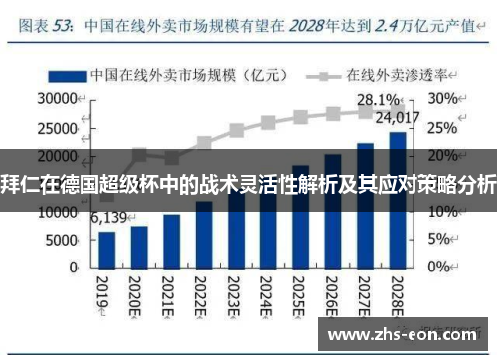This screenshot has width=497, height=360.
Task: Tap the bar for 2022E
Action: (x=204, y=234)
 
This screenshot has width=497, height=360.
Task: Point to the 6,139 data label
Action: (x=109, y=217)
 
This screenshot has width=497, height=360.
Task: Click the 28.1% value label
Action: (x=380, y=100)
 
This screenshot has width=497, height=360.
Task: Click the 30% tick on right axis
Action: (x=444, y=100)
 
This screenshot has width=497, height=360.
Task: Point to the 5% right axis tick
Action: (x=441, y=240)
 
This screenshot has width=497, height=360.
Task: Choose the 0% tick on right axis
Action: (x=441, y=268)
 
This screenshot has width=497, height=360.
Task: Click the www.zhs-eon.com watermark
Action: (x=402, y=334)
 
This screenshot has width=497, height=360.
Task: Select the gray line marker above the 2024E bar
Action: (x=268, y=124)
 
